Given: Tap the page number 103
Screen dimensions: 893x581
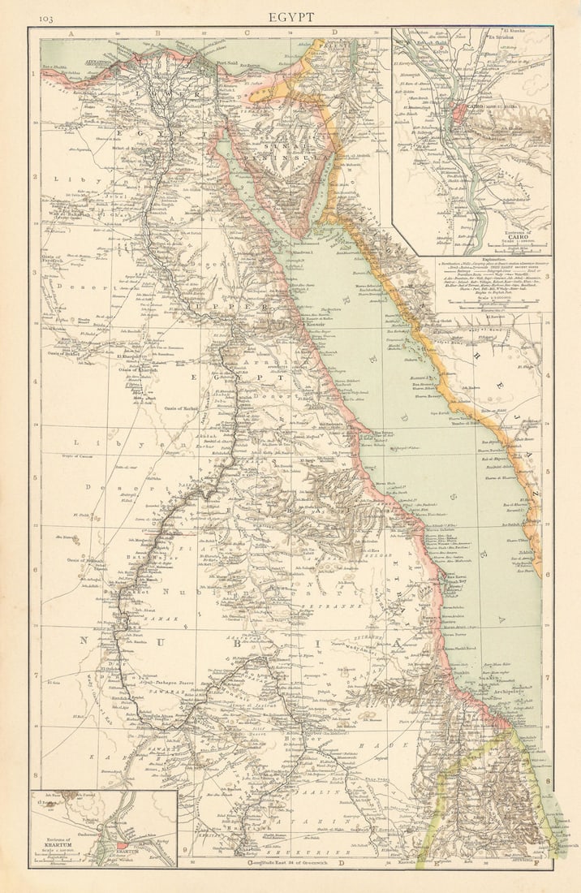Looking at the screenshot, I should pyautogui.click(x=45, y=17).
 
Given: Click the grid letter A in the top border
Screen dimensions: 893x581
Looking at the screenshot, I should pyautogui.click(x=72, y=33).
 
